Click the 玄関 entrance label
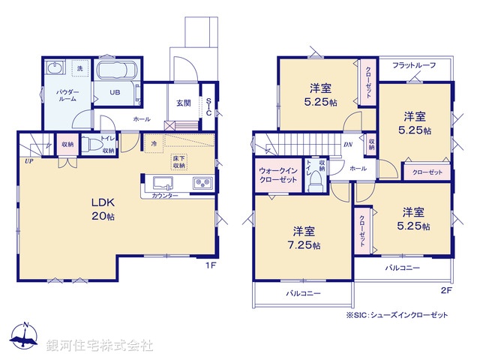pos(183,103)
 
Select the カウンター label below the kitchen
pos(165,195)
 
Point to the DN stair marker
pos(347,145)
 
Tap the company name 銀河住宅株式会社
pos(100,346)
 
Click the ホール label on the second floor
pos(358,168)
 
